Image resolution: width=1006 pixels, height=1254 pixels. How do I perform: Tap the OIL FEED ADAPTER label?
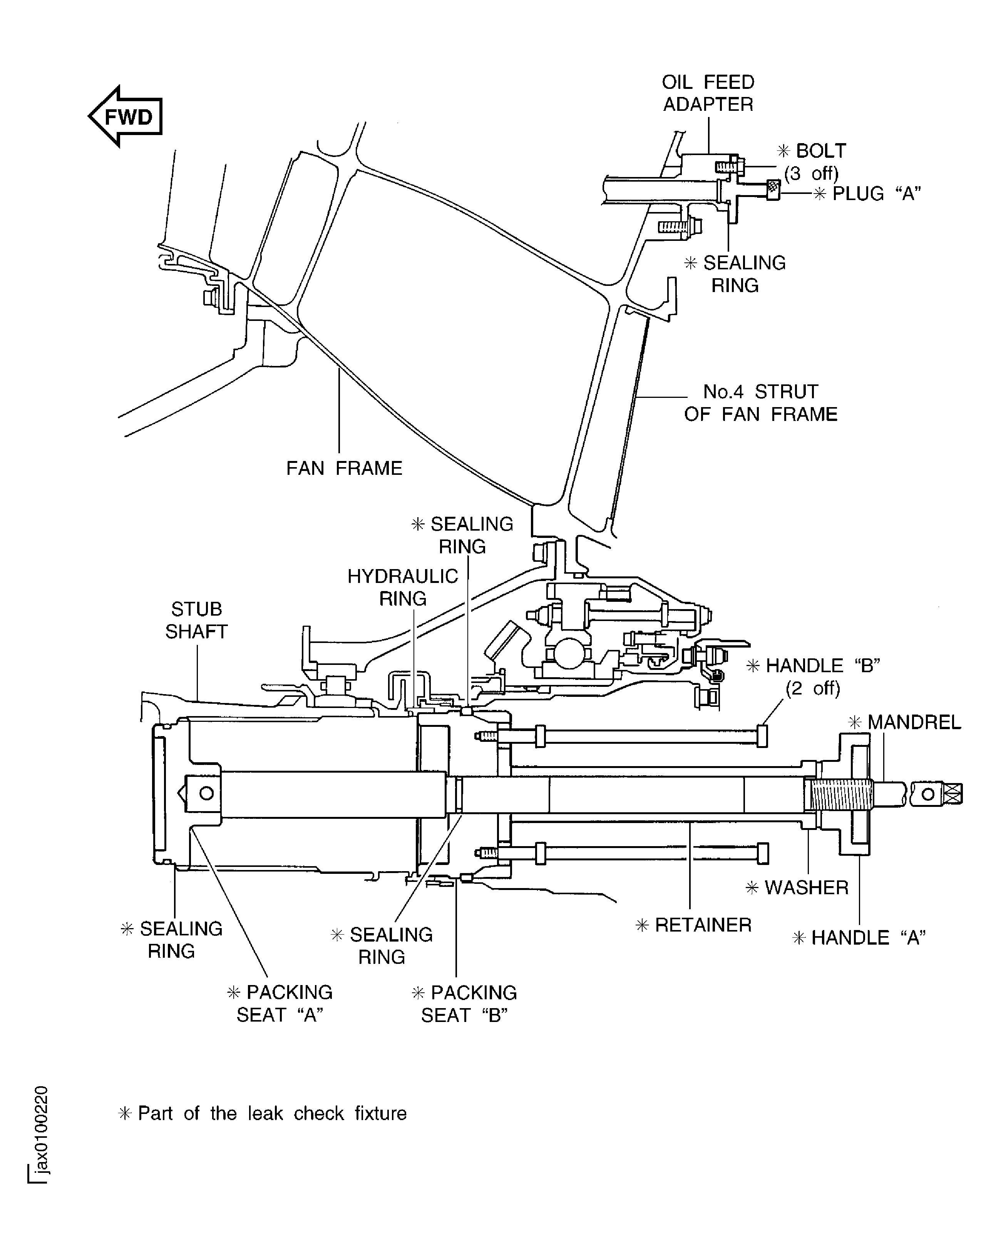708,93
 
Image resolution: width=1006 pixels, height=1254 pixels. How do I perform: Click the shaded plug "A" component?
773,189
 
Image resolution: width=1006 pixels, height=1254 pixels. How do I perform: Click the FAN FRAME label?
344,468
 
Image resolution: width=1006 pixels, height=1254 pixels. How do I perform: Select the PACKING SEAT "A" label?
280,1004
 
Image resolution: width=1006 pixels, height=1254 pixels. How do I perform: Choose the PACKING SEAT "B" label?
464,1004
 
